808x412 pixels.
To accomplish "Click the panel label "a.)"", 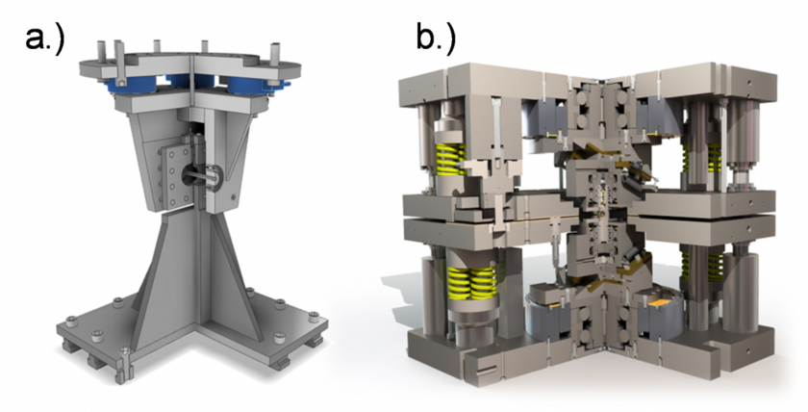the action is (x=44, y=38).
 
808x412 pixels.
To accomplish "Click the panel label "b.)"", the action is (x=436, y=38).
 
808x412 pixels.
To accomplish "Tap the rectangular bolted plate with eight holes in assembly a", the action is (x=174, y=176).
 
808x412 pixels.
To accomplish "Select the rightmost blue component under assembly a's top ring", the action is (x=247, y=85).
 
